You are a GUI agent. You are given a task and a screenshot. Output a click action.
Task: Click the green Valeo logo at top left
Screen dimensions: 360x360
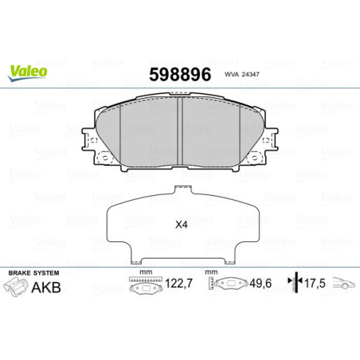click(x=28, y=71)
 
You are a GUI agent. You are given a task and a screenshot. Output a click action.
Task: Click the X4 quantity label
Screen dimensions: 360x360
click(x=181, y=223)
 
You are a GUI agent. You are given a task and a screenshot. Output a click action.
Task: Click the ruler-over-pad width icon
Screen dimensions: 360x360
click(x=144, y=284)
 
